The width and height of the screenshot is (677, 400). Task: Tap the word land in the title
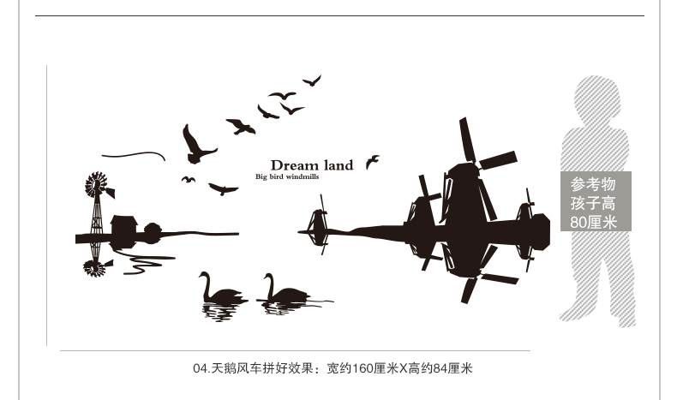(336, 165)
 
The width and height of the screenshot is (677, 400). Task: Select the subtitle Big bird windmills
(286, 177)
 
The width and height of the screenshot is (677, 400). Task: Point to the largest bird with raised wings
(196, 146)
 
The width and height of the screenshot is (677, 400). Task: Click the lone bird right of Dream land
(372, 161)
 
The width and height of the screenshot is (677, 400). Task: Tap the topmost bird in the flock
(312, 81)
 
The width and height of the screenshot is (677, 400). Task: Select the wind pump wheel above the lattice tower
(96, 184)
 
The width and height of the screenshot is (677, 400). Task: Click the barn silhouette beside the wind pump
(123, 226)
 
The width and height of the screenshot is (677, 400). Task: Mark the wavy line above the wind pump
(133, 155)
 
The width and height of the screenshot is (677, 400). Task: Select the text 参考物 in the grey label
(594, 184)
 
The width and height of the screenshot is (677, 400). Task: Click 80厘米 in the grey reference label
(594, 223)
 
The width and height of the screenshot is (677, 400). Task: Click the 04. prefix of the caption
(201, 369)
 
